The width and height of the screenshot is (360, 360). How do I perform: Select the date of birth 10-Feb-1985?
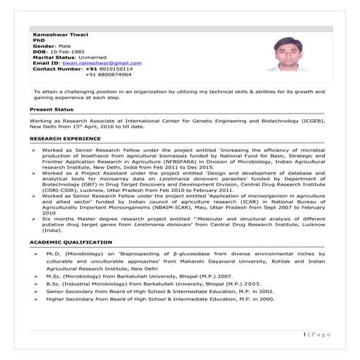point(68,51)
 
